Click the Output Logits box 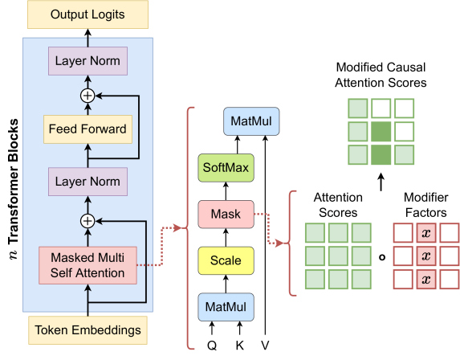tap(88, 14)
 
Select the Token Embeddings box tap(88, 330)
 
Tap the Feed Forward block tap(88, 129)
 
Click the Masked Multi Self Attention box tap(88, 265)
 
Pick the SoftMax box tap(226, 168)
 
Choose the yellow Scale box tap(226, 260)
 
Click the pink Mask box tap(226, 214)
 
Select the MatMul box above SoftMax tap(251, 121)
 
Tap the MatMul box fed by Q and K tap(226, 307)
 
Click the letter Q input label tap(212, 346)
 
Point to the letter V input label tap(265, 346)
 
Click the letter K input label tap(240, 346)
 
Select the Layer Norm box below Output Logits tap(88, 61)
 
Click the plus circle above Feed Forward tap(88, 96)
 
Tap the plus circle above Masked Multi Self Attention tap(88, 221)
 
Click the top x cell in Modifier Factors tap(426, 233)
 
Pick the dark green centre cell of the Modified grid tap(381, 132)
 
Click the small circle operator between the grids tap(382, 257)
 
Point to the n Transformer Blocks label tap(14, 189)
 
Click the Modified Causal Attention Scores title tap(381, 75)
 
